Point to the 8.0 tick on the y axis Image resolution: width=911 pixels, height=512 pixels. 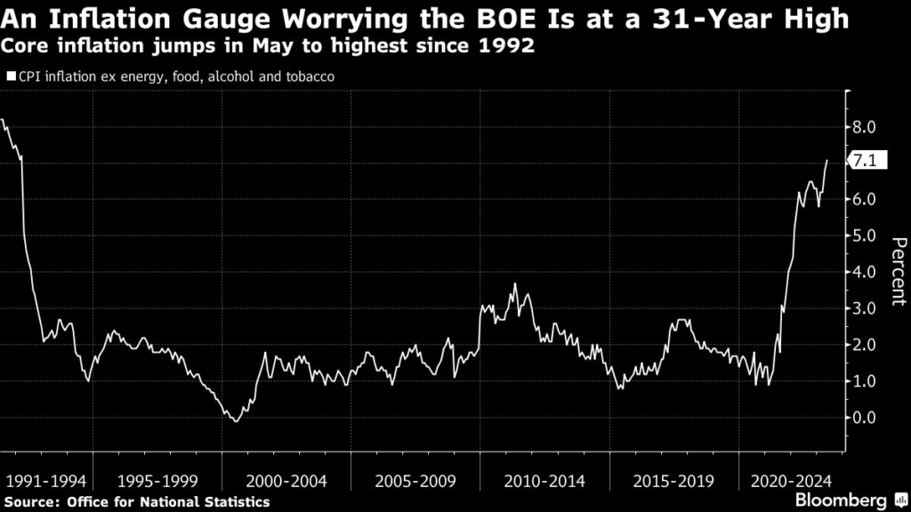click(x=864, y=127)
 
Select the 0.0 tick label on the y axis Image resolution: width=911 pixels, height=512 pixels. click(x=864, y=417)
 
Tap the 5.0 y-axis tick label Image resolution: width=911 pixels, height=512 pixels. click(x=864, y=236)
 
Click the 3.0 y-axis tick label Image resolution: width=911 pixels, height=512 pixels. click(x=864, y=308)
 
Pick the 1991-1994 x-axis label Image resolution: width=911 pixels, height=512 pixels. click(x=46, y=481)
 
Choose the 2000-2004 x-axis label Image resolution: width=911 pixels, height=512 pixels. click(x=286, y=481)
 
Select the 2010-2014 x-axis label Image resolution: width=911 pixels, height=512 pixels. click(x=544, y=481)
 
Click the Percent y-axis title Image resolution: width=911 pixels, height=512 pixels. click(x=898, y=272)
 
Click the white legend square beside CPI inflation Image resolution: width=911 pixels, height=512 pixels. click(x=11, y=76)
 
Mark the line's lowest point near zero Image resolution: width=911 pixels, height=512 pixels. click(x=235, y=420)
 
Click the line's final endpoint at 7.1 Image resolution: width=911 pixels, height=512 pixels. click(x=826, y=161)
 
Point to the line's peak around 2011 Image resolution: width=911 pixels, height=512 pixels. click(x=514, y=284)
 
